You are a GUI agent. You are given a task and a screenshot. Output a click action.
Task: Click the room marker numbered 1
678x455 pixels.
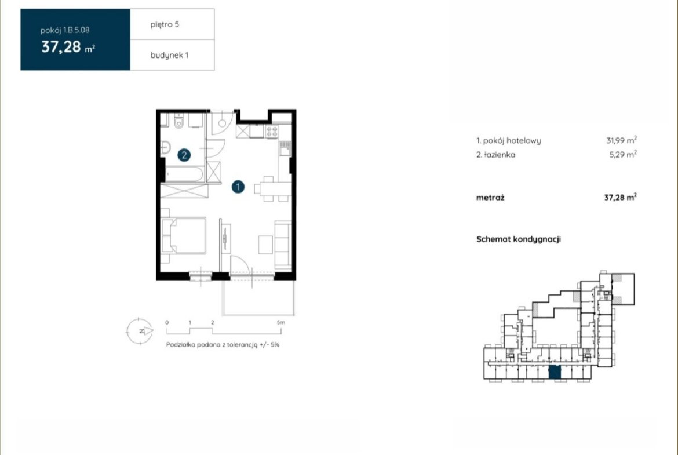tap(238, 187)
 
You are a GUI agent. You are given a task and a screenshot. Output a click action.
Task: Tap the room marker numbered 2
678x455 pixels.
tap(184, 155)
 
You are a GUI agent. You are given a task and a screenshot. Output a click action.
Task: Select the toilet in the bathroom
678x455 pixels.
tap(179, 121)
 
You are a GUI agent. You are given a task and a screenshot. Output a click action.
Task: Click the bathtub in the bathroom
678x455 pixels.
tap(184, 174)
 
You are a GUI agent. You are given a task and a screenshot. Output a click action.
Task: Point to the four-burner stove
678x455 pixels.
tap(272, 132)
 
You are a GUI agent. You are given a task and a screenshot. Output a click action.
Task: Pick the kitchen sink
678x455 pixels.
tap(285, 148)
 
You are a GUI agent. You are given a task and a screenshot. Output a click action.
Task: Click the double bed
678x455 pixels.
tap(184, 235)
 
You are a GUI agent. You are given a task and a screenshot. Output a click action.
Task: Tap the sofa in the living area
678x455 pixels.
tap(283, 243)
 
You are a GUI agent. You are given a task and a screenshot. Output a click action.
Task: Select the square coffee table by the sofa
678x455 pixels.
tap(265, 245)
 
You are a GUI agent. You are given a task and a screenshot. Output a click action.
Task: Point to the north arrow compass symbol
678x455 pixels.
tap(140, 332)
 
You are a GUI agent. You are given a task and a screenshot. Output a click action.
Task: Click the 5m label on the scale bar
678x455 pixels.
tap(280, 322)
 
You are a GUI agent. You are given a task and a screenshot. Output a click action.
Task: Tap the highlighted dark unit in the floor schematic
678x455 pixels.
tap(555, 372)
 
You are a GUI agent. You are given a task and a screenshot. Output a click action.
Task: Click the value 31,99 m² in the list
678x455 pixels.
tap(621, 140)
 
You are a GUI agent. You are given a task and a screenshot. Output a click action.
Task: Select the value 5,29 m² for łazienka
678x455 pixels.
tap(622, 154)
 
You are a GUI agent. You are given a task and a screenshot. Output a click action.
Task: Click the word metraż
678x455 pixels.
tap(490, 198)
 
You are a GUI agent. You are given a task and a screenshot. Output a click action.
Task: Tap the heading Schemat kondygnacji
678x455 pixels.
tap(519, 239)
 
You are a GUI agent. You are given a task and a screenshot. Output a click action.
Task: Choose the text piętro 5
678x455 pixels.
tap(165, 25)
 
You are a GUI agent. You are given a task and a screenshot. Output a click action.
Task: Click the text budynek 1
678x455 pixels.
tap(169, 56)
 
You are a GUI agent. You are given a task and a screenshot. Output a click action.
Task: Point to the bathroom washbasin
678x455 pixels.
tap(165, 148)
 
